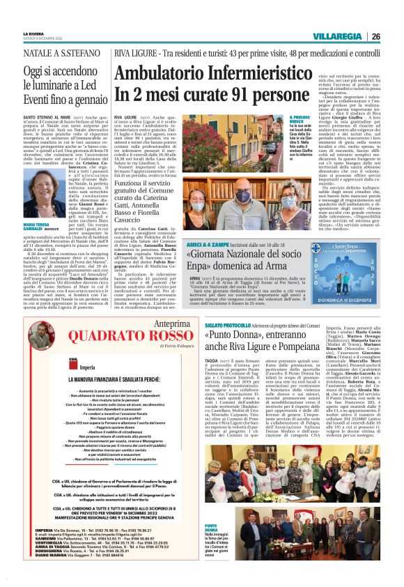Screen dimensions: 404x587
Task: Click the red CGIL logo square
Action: [63, 361]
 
